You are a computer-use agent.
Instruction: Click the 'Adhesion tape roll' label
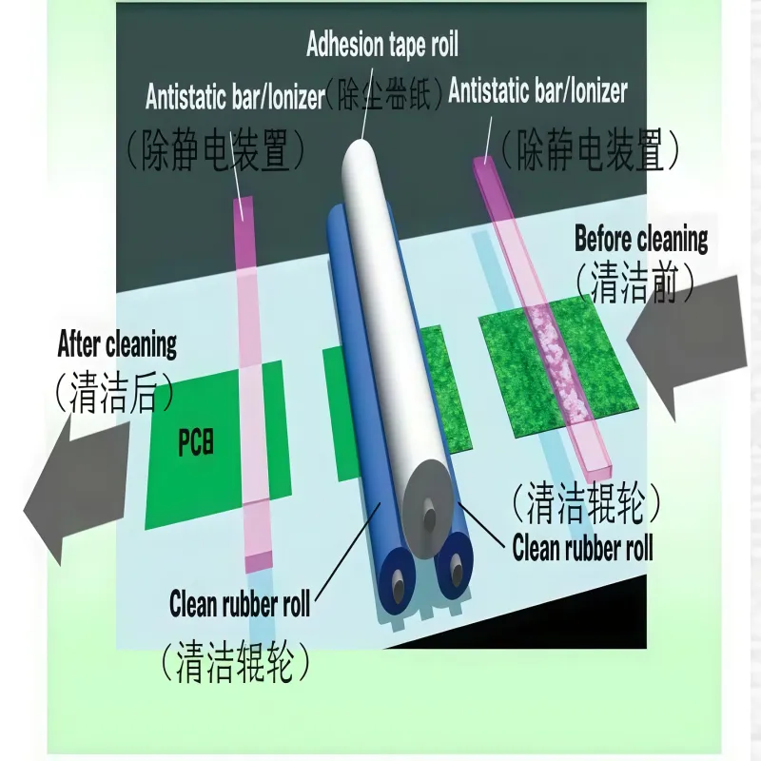pyautogui.click(x=382, y=45)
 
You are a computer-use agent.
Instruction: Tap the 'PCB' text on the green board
pyautogui.click(x=196, y=442)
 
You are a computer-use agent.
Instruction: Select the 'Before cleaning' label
pyautogui.click(x=640, y=240)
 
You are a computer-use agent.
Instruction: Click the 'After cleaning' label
pyautogui.click(x=117, y=344)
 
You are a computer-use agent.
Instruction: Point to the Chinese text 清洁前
pyautogui.click(x=634, y=284)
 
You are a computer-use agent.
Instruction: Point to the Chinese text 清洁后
pyautogui.click(x=114, y=392)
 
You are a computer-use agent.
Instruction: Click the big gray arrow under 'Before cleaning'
pyautogui.click(x=687, y=346)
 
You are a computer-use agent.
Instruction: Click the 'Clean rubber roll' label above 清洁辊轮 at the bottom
pyautogui.click(x=240, y=604)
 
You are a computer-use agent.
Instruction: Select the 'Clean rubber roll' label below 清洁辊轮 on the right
pyautogui.click(x=582, y=548)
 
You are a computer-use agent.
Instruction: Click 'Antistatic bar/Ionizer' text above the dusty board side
pyautogui.click(x=537, y=90)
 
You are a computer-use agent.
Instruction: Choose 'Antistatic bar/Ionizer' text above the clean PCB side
pyautogui.click(x=235, y=97)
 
